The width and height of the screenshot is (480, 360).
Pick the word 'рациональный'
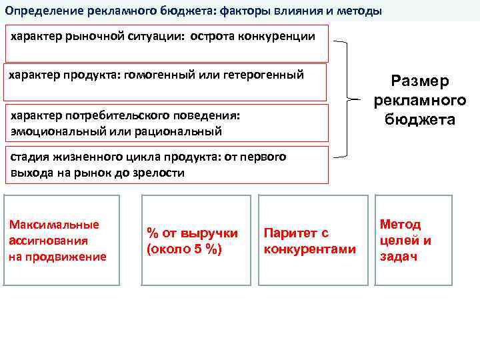tap(183, 131)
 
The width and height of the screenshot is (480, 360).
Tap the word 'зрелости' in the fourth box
tap(159, 173)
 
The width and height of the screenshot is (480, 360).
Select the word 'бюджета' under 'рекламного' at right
tap(420, 120)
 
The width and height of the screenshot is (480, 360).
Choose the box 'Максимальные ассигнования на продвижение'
tap(62, 240)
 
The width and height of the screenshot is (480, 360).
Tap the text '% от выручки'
tap(192, 233)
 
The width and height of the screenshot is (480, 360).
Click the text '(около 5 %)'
tap(184, 249)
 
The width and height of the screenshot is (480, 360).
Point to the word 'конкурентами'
tap(310, 249)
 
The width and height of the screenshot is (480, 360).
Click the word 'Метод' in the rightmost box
tap(400, 224)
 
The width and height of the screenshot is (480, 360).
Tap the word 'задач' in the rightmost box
tap(398, 257)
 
